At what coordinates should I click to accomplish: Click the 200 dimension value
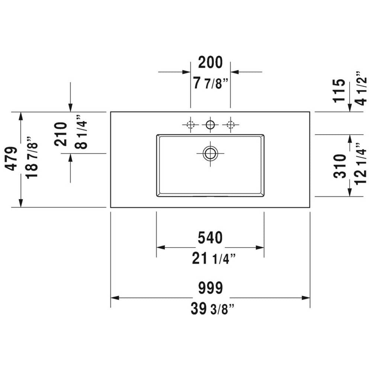pos(210,62)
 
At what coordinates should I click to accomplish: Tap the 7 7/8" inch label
pos(211,83)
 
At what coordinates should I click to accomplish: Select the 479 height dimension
pos(11,159)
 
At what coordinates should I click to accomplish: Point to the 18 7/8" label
pos(31,158)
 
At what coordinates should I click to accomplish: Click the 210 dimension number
pos(61,134)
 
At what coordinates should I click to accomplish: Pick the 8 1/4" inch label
pos(81,132)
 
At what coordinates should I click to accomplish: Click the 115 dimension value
pos(339,91)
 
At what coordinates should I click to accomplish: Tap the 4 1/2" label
pos(360,88)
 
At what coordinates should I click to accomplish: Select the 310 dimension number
pos(340,166)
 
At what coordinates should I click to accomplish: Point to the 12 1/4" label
pos(360,164)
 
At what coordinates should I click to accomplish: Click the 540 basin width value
pos(210,238)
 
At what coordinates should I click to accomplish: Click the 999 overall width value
pos(211,288)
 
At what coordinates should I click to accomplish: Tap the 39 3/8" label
pos(212,309)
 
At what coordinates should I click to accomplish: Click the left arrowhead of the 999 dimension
pos(115,298)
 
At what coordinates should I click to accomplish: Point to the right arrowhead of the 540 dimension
pos(260,248)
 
